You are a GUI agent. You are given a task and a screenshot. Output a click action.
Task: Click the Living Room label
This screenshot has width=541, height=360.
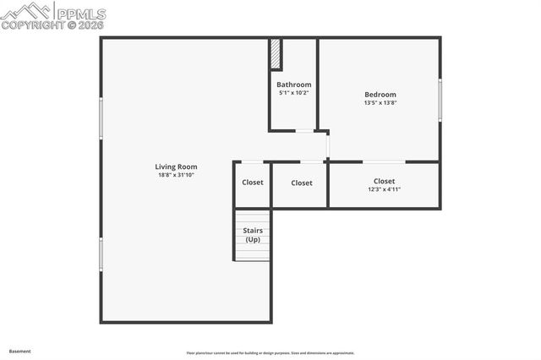[176, 166]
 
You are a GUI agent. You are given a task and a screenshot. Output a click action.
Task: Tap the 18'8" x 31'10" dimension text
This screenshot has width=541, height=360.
[176, 175]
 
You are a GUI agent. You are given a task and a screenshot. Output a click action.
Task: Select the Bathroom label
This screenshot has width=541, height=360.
[294, 85]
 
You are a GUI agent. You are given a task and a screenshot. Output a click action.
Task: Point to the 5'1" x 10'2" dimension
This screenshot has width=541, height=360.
[294, 93]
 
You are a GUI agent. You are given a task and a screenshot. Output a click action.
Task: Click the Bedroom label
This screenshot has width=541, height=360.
[380, 95]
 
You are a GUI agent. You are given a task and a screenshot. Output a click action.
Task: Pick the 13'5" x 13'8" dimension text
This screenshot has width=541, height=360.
[380, 103]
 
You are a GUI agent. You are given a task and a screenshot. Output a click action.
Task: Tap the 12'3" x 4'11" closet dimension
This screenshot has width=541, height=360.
[384, 189]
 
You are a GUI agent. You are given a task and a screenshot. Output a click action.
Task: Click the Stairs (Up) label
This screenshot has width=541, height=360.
[253, 234]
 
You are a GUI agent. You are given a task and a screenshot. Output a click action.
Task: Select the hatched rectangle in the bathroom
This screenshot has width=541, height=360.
[276, 55]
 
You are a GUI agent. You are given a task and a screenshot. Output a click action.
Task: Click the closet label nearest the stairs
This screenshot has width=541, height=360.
[253, 183]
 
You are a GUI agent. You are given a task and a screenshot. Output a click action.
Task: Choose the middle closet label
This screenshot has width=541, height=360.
[302, 183]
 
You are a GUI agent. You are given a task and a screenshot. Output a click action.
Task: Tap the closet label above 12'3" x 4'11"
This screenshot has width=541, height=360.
[384, 181]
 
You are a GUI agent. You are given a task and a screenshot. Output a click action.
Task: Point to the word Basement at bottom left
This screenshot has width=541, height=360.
[20, 350]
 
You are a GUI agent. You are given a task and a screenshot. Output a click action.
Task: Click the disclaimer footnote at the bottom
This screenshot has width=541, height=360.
[270, 353]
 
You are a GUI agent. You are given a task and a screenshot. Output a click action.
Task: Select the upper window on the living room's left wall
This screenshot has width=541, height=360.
[101, 118]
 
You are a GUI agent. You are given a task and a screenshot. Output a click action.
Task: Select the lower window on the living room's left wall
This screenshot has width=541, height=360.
[101, 254]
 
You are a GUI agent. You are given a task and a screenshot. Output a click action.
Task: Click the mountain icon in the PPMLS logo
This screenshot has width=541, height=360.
[27, 11]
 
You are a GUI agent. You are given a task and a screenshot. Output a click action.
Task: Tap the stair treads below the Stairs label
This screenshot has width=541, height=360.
[253, 252]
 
